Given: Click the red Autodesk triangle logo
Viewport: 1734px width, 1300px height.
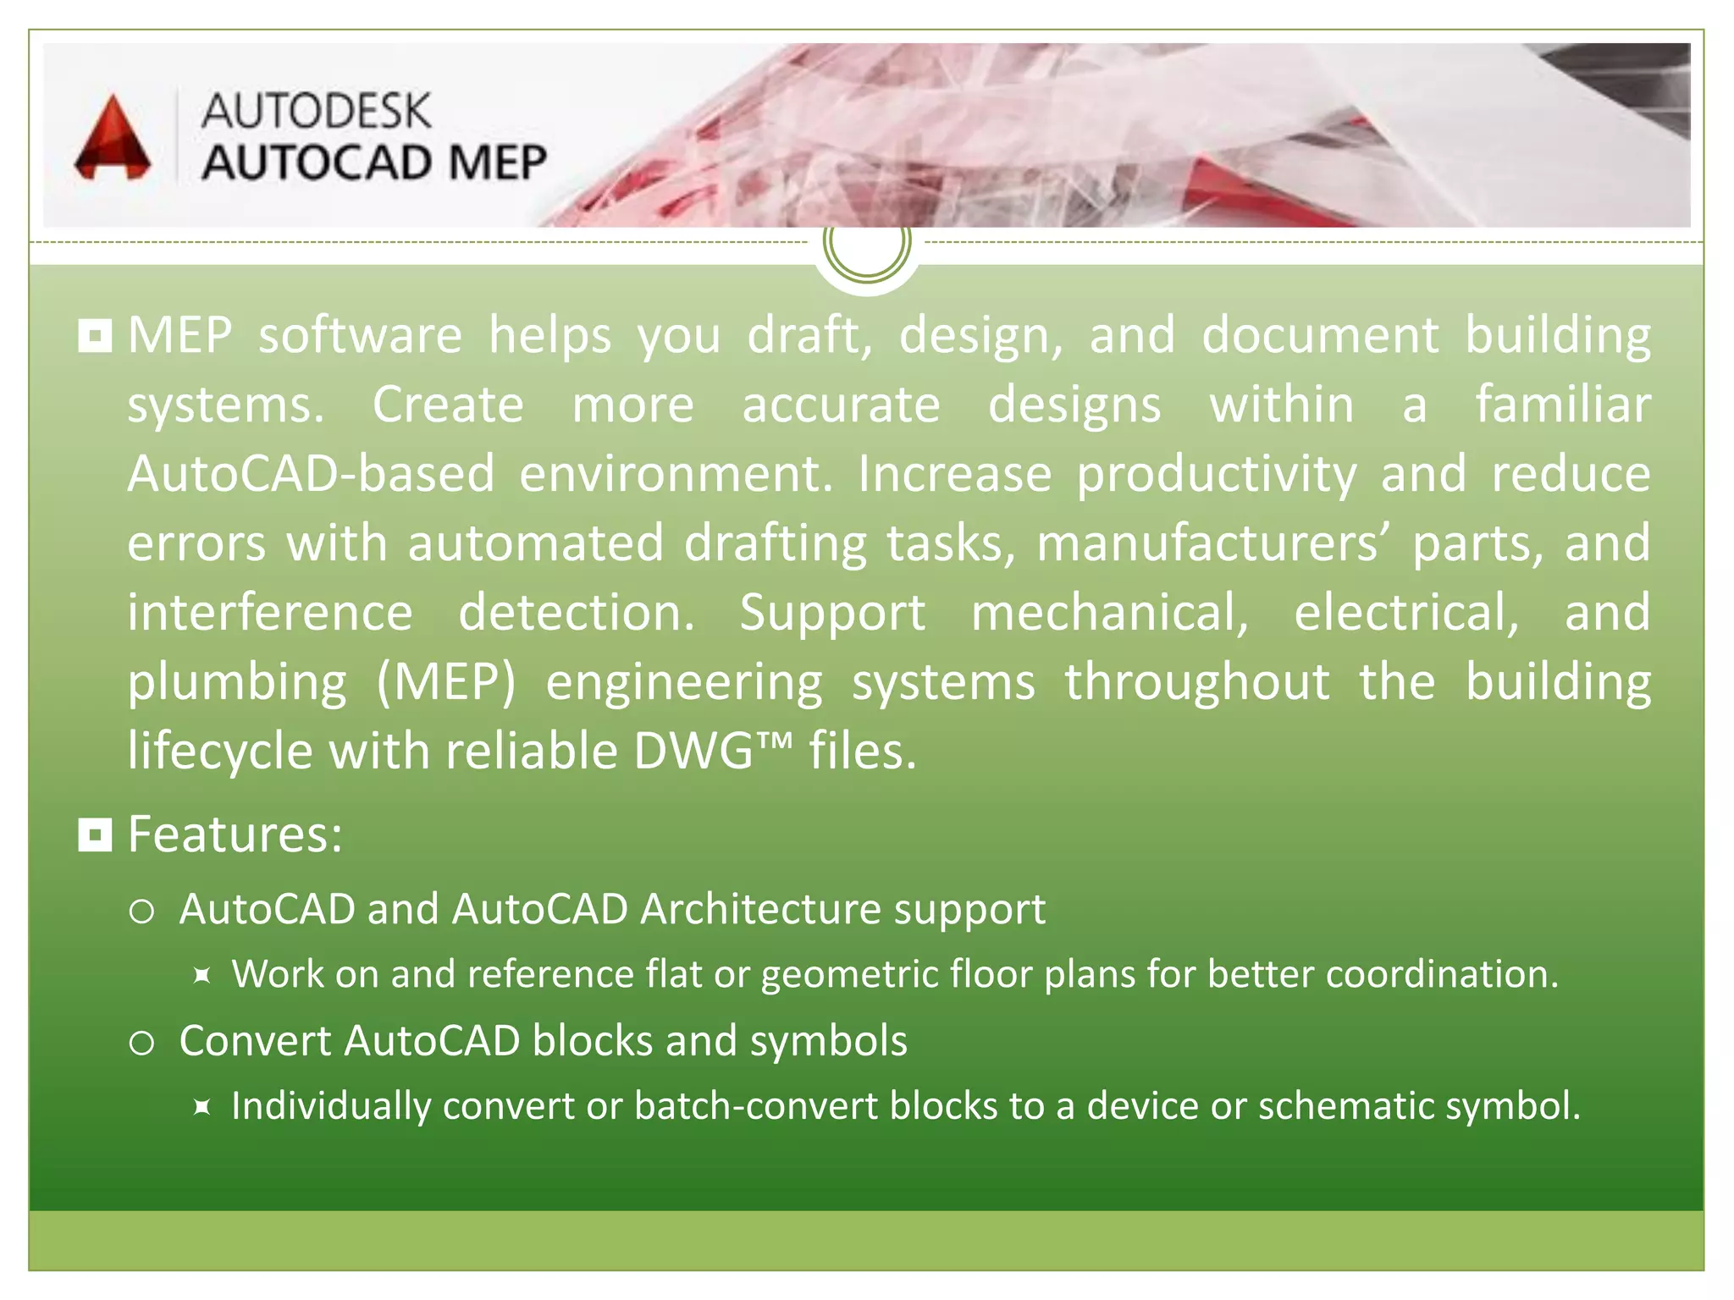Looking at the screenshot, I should point(113,140).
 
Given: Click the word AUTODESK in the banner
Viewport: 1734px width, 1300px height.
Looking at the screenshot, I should point(316,112).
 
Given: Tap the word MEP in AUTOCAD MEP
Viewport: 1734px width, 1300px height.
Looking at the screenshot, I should point(497,162).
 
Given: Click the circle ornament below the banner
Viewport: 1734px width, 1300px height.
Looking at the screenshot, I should point(866,243).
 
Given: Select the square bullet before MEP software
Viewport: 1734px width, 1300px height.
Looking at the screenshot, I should point(95,336).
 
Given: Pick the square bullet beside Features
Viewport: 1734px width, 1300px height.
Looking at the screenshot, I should point(95,835).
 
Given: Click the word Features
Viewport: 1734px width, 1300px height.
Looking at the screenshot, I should point(235,835).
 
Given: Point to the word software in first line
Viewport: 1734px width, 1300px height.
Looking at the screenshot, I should point(360,335).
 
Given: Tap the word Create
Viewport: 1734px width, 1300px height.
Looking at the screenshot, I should point(448,405).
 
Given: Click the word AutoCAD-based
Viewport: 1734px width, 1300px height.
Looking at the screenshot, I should point(311,474).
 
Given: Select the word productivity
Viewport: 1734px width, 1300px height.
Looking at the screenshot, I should point(1217,474).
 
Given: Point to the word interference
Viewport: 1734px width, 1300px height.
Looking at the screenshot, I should point(270,613).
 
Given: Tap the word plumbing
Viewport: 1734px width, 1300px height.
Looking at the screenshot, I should point(237,682).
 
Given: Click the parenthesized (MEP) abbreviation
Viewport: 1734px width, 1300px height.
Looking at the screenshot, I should point(445,682).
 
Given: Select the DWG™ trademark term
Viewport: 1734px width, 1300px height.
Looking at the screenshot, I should point(712,751).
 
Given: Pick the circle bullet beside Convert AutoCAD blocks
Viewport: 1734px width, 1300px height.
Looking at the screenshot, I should point(141,1043).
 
